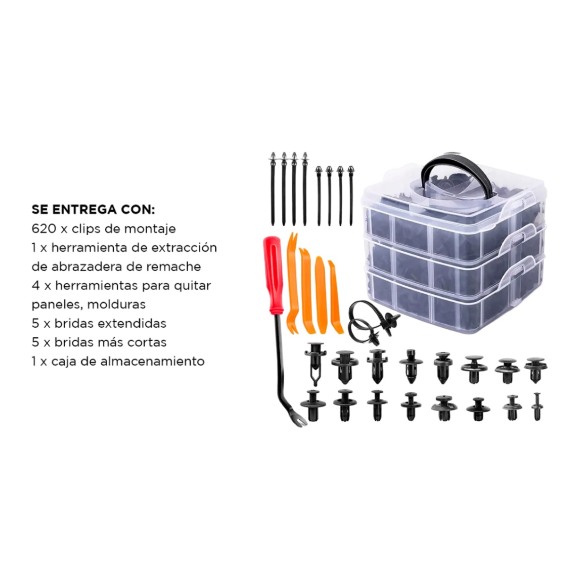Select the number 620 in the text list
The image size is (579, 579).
point(43,229)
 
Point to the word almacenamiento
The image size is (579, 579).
point(152,361)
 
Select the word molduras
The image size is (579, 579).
point(116,304)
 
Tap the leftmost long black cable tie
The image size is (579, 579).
point(273,189)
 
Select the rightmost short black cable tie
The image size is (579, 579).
point(351,195)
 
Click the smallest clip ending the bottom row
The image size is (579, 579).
point(537,407)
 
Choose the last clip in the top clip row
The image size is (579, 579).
point(536,370)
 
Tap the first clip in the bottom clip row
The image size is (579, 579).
point(313,405)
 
